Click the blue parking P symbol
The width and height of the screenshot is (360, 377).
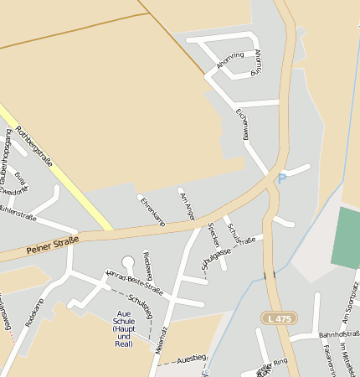point(282,178)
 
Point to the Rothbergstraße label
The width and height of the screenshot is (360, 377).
point(34,146)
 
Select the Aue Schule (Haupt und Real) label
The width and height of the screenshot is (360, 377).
point(123,328)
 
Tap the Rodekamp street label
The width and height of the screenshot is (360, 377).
point(34,312)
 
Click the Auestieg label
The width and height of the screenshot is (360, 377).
point(192,359)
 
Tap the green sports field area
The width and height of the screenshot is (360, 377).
point(345,238)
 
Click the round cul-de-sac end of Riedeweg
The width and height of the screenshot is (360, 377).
point(128,262)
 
